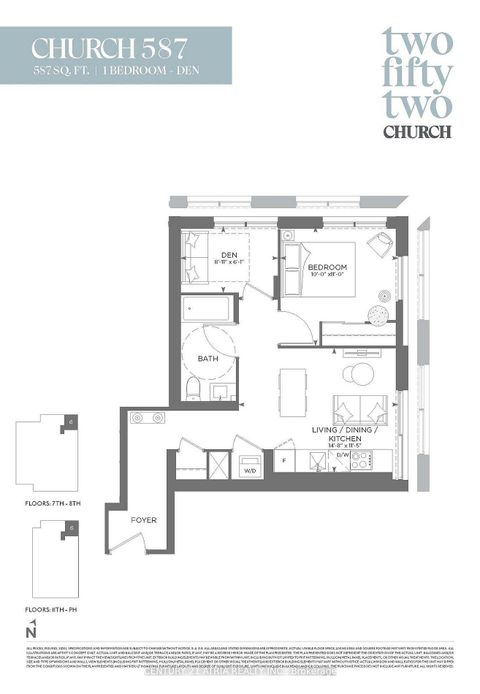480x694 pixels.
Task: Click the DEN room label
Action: pos(229,256)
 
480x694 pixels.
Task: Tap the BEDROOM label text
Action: pos(327,268)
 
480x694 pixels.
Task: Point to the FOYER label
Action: pos(145,520)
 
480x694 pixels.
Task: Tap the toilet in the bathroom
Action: pos(194,387)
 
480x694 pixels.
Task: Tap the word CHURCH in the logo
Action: pos(416,130)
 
